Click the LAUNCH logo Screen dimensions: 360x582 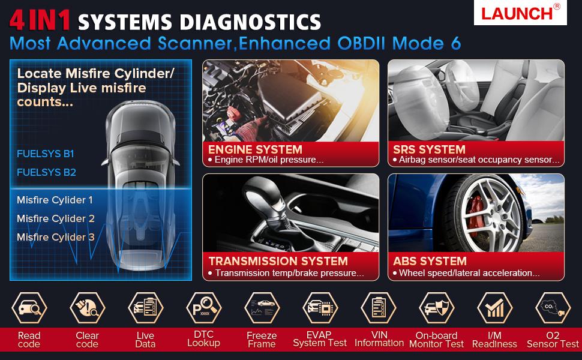tap(519, 13)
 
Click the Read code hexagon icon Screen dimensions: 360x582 tap(29, 308)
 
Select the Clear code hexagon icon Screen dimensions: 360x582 tap(87, 308)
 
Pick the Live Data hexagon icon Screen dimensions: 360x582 tap(145, 308)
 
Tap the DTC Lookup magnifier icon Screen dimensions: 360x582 tap(203, 308)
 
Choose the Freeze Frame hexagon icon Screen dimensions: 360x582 tap(262, 308)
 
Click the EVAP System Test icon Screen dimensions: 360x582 tap(320, 308)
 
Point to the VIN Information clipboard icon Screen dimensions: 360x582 tap(378, 308)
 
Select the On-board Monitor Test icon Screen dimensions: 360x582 tap(436, 308)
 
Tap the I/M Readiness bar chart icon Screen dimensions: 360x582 tap(494, 308)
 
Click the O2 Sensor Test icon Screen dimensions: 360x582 tap(553, 308)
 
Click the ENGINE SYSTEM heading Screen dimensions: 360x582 tap(255, 149)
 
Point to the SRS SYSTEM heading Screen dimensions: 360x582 tap(429, 149)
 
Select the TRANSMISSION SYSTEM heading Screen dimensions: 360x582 tap(278, 261)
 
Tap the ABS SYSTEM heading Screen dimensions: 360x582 tap(430, 261)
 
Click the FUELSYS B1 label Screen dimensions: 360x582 tap(46, 154)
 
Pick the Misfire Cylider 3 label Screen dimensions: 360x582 tap(56, 237)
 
